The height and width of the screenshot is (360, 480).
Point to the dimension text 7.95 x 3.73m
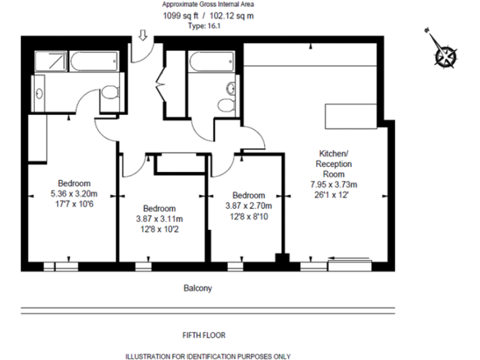click(333, 184)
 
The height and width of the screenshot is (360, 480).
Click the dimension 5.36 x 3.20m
click(74, 193)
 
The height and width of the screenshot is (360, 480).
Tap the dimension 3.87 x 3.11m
click(159, 218)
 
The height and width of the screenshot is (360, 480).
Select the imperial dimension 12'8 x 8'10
click(248, 216)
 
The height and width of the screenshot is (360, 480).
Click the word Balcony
click(197, 288)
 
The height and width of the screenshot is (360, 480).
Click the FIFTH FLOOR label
click(204, 335)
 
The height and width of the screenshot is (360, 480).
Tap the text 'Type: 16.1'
click(204, 26)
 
